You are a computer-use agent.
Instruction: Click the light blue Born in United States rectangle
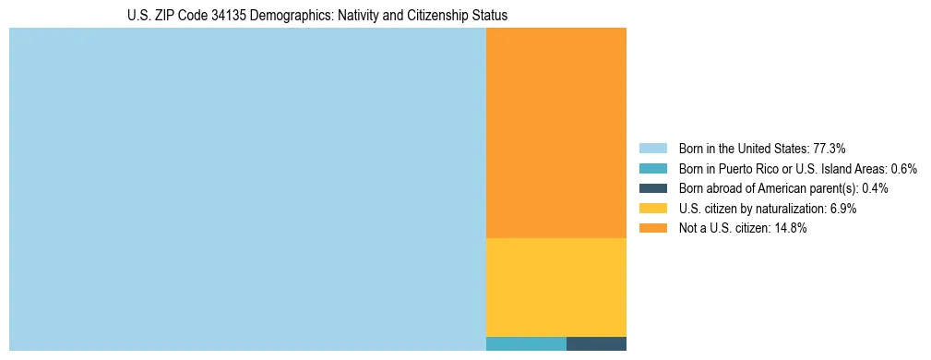pyautogui.click(x=247, y=189)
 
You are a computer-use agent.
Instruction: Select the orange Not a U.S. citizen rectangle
pyautogui.click(x=555, y=133)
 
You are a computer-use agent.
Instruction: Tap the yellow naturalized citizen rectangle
pyautogui.click(x=555, y=287)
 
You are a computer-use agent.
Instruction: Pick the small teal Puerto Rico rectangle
pyautogui.click(x=526, y=344)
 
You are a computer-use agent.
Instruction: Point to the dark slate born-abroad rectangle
pyautogui.click(x=596, y=344)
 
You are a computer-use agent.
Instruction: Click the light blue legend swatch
pyautogui.click(x=652, y=149)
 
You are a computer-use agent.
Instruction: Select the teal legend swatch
pyautogui.click(x=652, y=169)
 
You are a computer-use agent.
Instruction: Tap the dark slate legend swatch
pyautogui.click(x=652, y=188)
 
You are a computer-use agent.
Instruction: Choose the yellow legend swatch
pyautogui.click(x=652, y=209)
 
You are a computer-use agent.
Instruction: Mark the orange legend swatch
pyautogui.click(x=652, y=229)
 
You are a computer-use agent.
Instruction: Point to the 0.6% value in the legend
pyautogui.click(x=903, y=169)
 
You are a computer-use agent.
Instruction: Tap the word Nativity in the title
pyautogui.click(x=346, y=16)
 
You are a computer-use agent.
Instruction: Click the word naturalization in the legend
pyautogui.click(x=793, y=209)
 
